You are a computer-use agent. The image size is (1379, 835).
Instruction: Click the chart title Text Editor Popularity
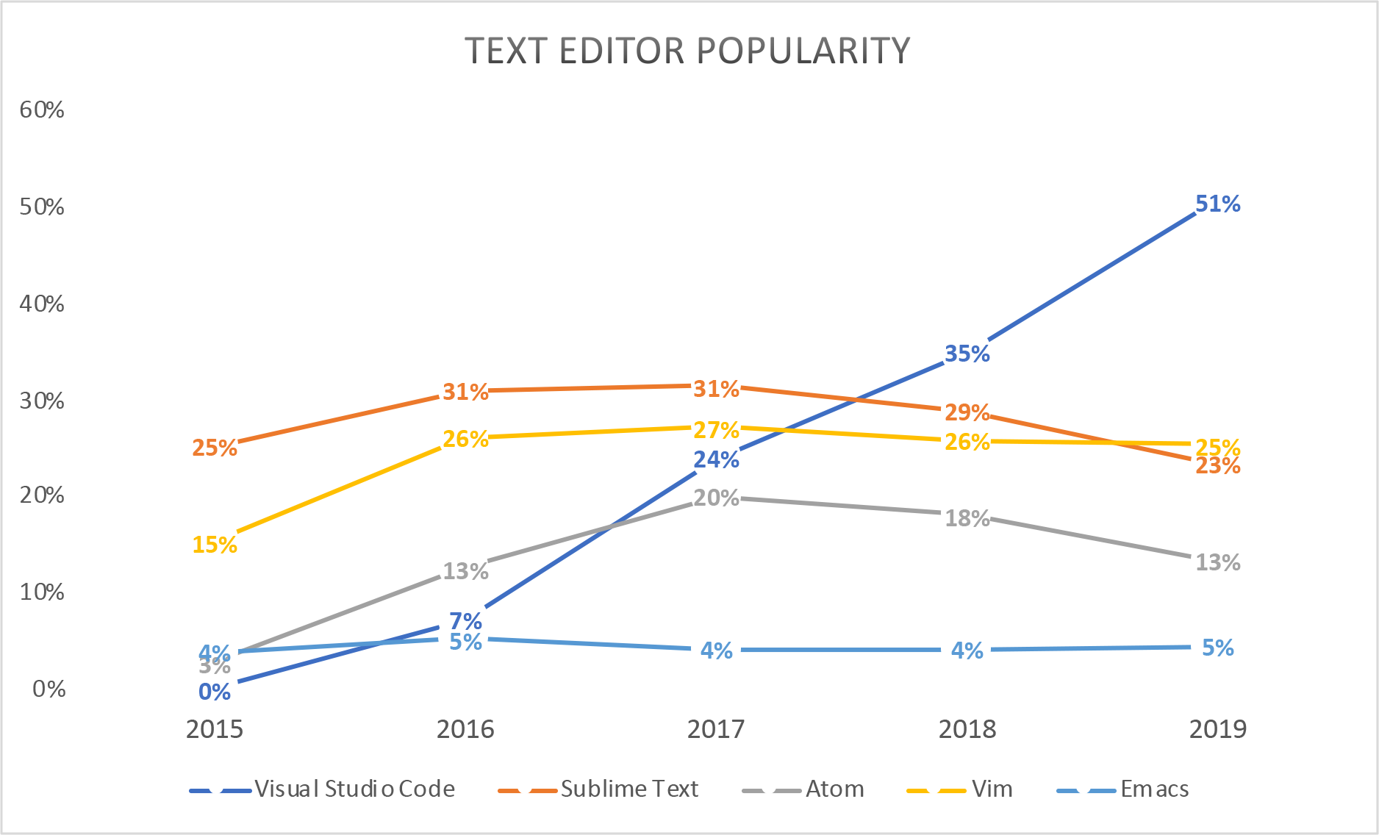687,51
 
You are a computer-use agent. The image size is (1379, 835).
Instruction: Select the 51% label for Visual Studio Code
1217,204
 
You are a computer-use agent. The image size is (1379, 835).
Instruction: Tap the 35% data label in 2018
967,354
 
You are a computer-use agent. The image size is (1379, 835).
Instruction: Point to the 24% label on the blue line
716,459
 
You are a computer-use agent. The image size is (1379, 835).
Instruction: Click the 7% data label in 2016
465,620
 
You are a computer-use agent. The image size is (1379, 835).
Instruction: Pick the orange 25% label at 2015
215,448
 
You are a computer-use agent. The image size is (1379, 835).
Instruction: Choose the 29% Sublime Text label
967,412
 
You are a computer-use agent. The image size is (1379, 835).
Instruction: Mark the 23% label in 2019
1217,466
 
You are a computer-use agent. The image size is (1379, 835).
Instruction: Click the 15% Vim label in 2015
215,545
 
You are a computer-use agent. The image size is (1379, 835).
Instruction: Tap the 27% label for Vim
716,429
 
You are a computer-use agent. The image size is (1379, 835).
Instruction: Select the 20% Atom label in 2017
716,498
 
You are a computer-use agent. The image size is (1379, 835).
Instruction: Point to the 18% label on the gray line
967,518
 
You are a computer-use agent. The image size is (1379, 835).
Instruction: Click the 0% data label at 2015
215,692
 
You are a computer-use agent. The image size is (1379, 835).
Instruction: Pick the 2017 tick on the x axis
716,729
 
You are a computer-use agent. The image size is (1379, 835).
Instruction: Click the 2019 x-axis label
1217,729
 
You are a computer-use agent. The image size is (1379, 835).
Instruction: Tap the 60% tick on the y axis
42,110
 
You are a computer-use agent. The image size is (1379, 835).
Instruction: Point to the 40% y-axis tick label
42,304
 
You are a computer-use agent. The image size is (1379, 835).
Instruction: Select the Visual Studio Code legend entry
354,789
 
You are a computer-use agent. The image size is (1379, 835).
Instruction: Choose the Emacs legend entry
1154,789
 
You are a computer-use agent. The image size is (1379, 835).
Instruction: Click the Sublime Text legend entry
628,789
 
